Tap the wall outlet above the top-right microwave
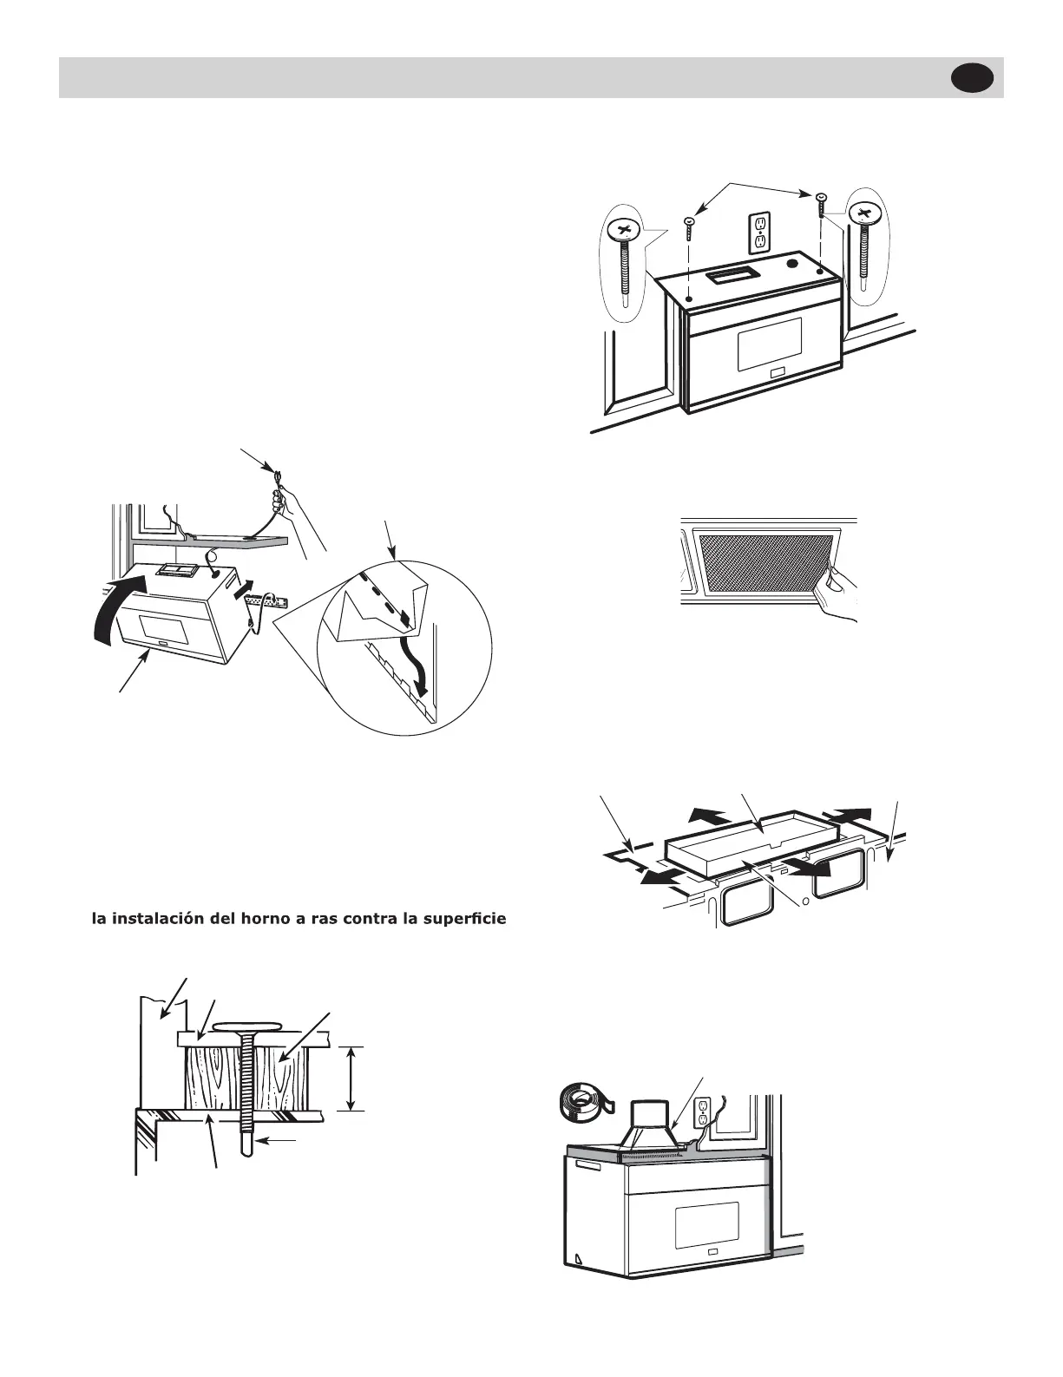pos(760,232)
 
